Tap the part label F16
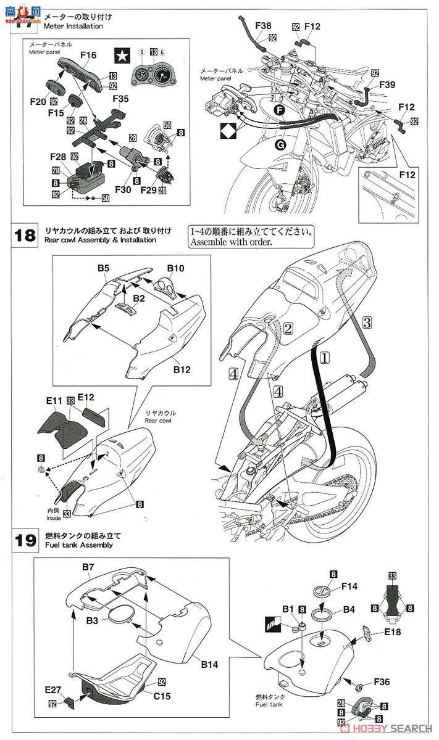tap(88, 55)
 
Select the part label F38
tap(263, 26)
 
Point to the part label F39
tap(387, 85)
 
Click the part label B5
tap(102, 269)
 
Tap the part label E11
tap(55, 401)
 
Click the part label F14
tap(349, 588)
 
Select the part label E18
tap(393, 632)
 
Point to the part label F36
tap(381, 683)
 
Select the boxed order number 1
tap(325, 356)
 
